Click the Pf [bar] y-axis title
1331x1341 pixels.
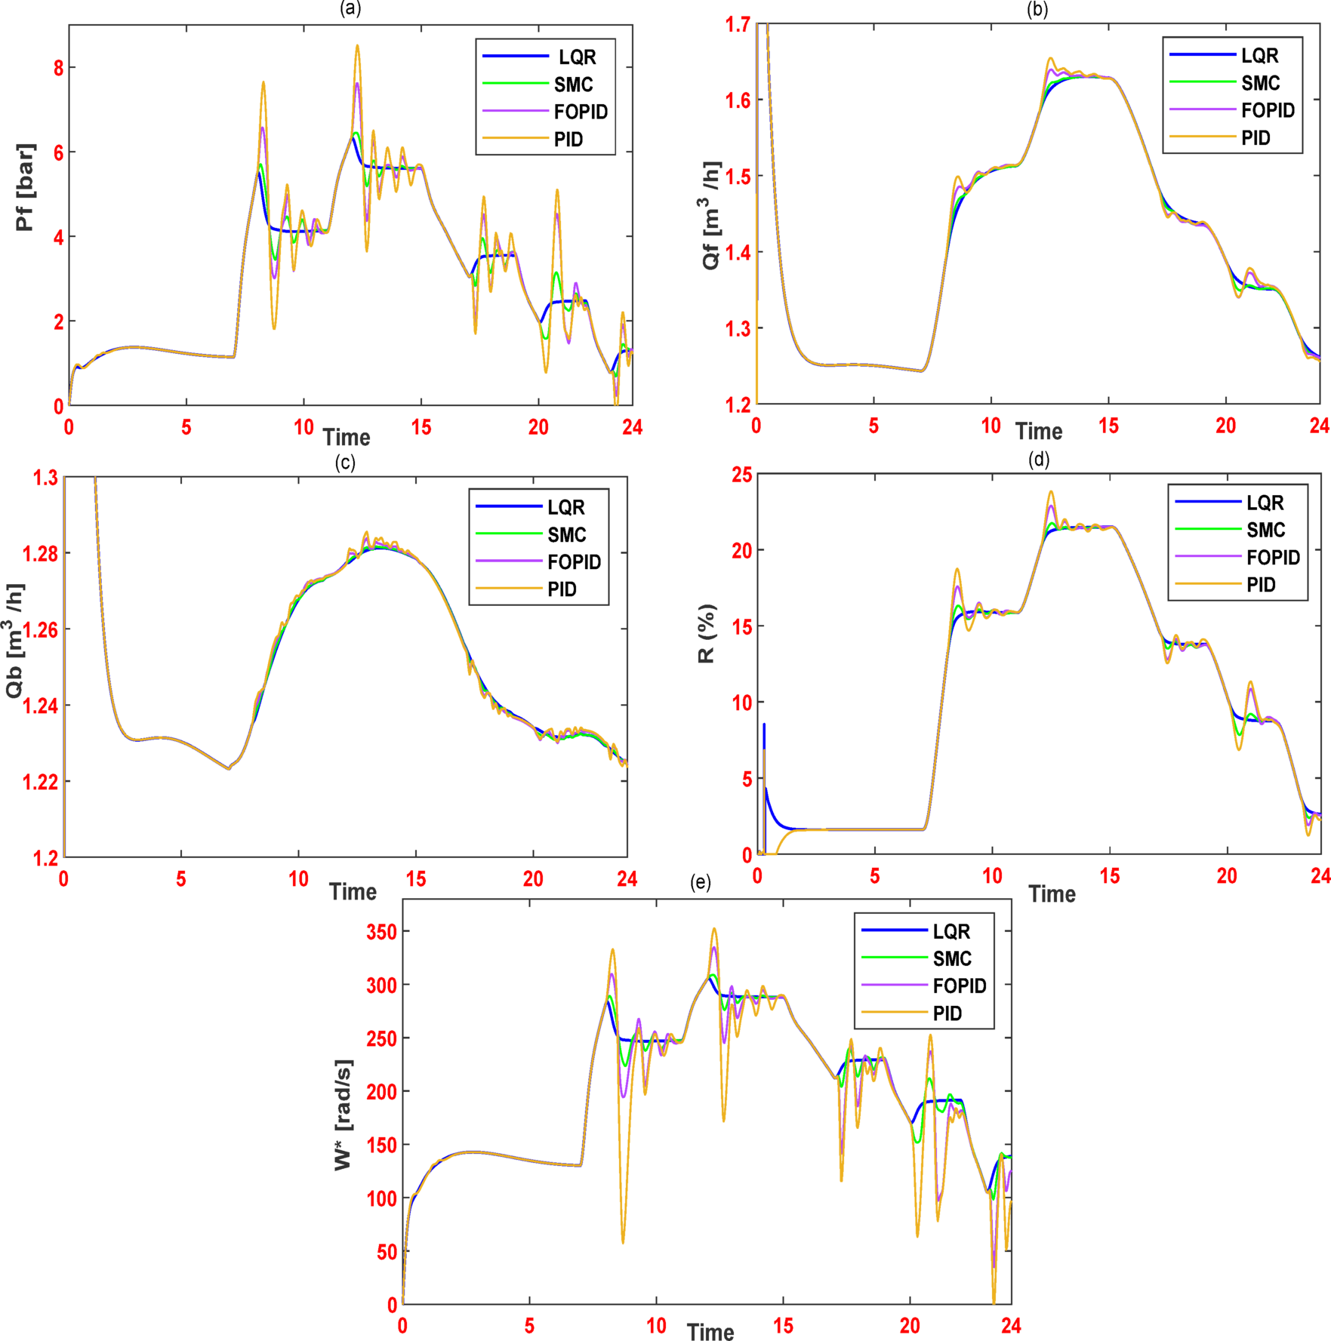point(26,186)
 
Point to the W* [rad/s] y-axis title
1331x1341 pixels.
point(344,1115)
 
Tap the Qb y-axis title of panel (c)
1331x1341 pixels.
point(15,641)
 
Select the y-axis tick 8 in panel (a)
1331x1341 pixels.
point(59,68)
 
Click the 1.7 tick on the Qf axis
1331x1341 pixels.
point(738,25)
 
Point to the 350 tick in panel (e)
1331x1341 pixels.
point(381,931)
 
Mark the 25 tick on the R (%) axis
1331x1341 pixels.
point(742,475)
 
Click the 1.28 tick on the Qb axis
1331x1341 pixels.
point(40,554)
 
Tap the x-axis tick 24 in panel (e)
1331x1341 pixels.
point(1011,1325)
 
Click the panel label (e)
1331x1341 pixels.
point(701,882)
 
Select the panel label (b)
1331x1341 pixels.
point(1037,9)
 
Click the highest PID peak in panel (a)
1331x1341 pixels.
point(357,46)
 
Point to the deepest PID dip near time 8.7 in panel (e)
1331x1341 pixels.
point(623,1242)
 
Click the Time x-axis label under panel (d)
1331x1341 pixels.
point(1052,894)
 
